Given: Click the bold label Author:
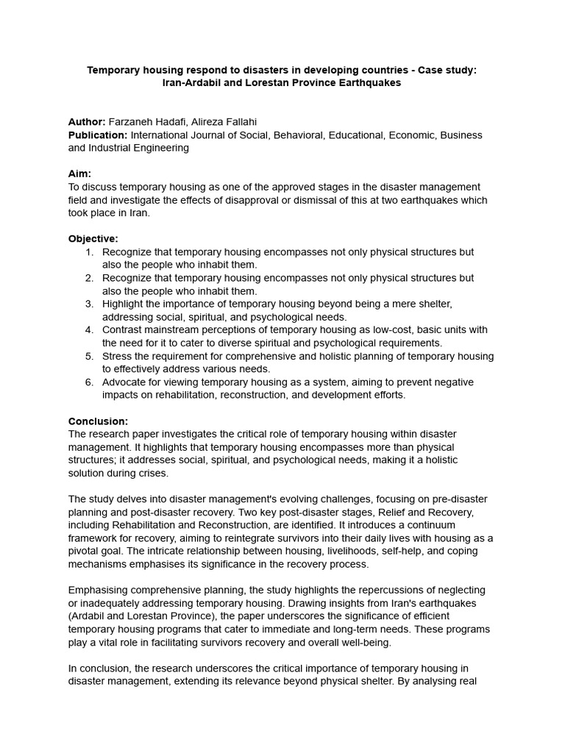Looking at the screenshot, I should [x=87, y=121].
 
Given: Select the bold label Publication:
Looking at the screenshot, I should [x=98, y=135].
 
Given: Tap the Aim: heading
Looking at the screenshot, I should [x=79, y=174].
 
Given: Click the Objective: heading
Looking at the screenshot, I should [x=93, y=239].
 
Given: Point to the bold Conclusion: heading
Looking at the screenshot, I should [x=98, y=421].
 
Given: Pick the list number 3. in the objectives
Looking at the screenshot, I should [x=89, y=304].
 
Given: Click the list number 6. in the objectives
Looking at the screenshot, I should [x=89, y=382].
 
